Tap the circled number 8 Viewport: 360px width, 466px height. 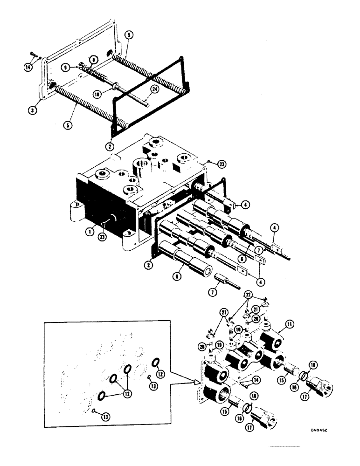pos(93,59)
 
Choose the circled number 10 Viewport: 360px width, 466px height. pos(97,94)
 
